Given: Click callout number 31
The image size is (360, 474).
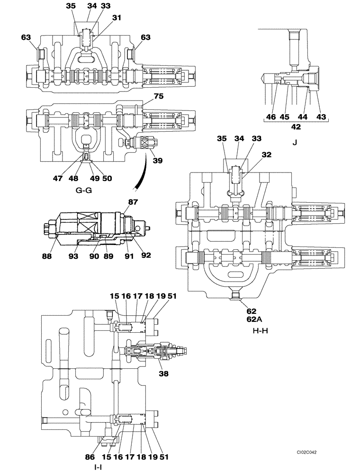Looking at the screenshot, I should pos(117,18).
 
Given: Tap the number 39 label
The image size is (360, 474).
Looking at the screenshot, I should pos(157,160).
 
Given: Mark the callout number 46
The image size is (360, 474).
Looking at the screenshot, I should pos(270,117).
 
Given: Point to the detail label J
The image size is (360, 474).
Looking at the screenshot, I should pos(294,141).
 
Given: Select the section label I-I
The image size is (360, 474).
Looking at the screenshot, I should pos(98,467).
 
